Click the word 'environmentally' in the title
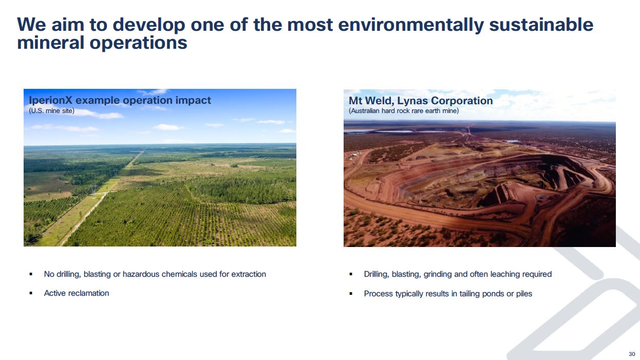point(411,25)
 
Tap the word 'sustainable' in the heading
point(541,24)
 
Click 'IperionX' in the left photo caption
point(50,100)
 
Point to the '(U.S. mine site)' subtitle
point(51,111)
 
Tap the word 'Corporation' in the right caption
point(462,101)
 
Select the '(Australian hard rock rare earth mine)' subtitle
point(404,111)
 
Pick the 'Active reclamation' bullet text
point(77,293)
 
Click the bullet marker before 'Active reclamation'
point(31,293)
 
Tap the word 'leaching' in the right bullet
point(505,274)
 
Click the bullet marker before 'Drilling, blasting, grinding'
point(351,275)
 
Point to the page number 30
point(632,354)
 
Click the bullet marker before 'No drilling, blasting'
point(31,275)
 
